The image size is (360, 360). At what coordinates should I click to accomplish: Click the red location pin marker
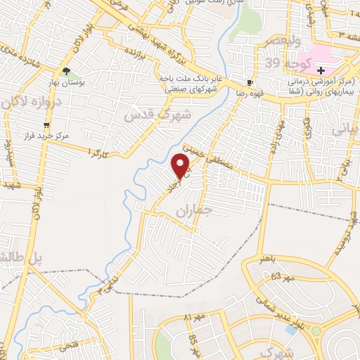181,166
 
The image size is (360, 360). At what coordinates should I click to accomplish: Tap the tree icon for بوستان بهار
66,71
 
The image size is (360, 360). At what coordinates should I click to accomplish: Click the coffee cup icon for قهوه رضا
250,82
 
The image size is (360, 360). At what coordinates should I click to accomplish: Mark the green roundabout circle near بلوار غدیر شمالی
316,330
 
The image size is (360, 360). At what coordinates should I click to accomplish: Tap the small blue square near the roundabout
291,330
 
